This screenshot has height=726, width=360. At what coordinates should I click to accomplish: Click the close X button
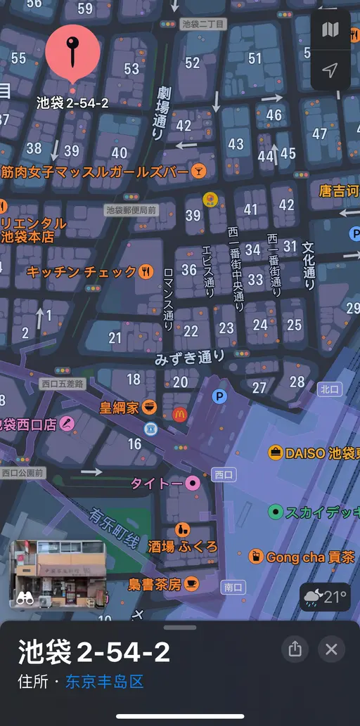331,649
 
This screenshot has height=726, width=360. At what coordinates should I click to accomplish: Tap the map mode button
330,30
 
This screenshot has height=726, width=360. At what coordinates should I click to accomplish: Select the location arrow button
330,69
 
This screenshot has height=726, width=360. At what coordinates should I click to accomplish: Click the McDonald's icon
180,414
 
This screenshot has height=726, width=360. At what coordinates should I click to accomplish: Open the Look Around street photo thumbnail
58,574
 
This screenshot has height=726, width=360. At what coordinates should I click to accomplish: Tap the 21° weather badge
325,597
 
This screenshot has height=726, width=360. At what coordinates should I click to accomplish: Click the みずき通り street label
190,357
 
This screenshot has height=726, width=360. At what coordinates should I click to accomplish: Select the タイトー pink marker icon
192,484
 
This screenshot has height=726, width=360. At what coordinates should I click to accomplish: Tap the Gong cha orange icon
257,557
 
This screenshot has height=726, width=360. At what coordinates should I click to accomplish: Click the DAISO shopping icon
276,453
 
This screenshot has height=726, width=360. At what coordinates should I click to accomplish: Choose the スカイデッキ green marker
276,512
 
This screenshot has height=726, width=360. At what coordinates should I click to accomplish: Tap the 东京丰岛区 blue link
104,681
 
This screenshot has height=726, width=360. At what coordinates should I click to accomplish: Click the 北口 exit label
328,388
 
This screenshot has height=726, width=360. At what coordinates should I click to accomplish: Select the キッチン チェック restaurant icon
146,271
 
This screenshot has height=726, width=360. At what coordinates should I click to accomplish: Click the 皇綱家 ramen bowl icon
149,406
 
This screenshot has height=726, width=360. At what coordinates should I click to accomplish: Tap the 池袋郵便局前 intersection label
131,209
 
